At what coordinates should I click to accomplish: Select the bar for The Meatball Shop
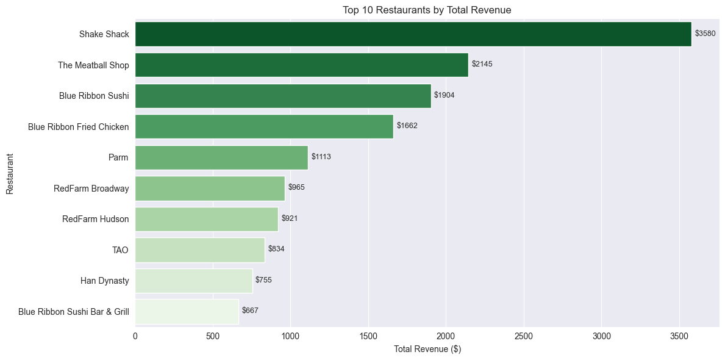point(301,65)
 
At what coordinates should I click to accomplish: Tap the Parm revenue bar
point(221,157)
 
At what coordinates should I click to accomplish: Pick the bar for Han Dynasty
point(194,281)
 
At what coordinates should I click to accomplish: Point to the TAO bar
point(200,250)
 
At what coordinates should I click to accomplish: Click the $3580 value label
point(705,34)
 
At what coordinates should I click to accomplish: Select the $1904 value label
point(445,95)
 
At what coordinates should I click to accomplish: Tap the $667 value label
point(250,311)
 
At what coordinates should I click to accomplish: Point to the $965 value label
point(296,187)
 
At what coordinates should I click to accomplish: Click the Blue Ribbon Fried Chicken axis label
point(79,126)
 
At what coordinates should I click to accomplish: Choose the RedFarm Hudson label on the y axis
point(96,219)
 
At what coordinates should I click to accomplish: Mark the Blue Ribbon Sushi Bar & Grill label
point(74,311)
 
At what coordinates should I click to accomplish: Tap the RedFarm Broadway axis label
point(91,189)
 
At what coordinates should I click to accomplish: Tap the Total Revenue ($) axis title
point(427,349)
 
